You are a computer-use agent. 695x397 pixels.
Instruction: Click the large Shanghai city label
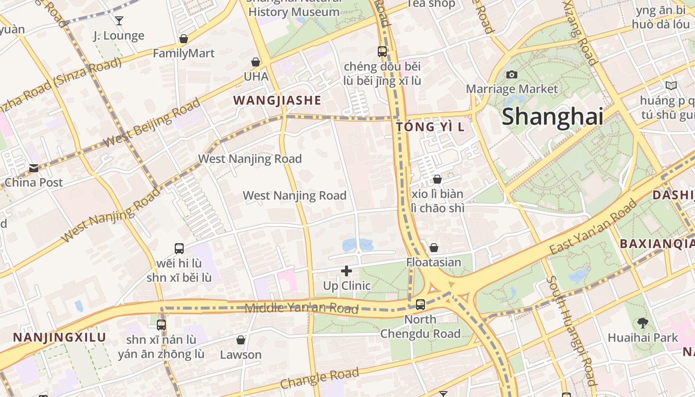point(552,117)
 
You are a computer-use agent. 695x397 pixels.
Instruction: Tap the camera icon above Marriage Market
point(512,75)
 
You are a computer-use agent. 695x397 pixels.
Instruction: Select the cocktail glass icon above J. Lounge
point(119,21)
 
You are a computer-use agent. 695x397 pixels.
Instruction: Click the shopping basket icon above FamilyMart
point(184,39)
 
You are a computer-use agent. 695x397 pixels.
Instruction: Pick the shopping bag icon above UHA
point(256,62)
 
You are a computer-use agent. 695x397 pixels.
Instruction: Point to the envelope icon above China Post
point(34,168)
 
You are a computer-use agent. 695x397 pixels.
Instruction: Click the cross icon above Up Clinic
point(347,271)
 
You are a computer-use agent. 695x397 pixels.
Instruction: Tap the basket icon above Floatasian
point(433,247)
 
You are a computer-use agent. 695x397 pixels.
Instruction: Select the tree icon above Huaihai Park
point(642,323)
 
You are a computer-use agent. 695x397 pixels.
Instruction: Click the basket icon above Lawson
point(241,340)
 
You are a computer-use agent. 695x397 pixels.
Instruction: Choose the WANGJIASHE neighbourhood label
point(277,100)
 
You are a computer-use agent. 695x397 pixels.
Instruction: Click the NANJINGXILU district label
point(60,337)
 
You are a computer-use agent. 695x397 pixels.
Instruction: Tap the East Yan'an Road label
point(593,227)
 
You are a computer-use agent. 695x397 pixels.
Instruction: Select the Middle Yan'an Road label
point(301,308)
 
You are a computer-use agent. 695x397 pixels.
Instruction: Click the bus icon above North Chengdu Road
point(420,305)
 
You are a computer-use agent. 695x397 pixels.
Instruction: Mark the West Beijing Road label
point(151,123)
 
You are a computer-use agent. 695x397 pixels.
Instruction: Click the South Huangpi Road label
point(571,331)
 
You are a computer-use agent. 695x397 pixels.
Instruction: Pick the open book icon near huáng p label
point(671,85)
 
